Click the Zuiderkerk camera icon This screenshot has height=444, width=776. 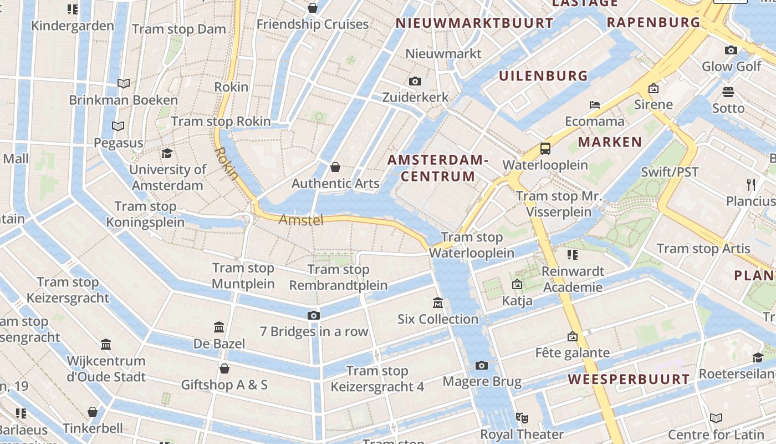tap(415, 82)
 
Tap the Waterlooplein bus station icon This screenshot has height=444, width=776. tap(545, 149)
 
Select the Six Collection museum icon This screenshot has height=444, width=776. tap(438, 303)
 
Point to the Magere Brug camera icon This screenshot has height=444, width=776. tap(482, 365)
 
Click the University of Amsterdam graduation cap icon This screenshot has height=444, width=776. tap(167, 153)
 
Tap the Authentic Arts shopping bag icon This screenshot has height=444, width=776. tap(335, 167)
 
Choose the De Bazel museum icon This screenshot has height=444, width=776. tap(219, 327)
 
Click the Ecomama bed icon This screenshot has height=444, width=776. tap(594, 104)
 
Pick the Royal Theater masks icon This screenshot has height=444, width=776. tap(522, 417)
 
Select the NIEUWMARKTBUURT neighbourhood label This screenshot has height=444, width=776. tap(474, 23)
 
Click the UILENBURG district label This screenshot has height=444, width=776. tap(543, 76)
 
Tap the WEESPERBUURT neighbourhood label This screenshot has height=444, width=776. tap(629, 380)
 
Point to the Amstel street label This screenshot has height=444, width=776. tap(301, 220)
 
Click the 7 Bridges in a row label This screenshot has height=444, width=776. tap(314, 332)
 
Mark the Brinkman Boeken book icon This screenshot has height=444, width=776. tap(124, 83)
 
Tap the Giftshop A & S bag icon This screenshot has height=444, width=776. tap(224, 369)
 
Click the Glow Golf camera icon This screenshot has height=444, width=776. tap(731, 51)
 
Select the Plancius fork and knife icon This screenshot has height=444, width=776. tap(751, 184)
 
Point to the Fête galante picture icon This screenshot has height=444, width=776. tap(572, 336)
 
